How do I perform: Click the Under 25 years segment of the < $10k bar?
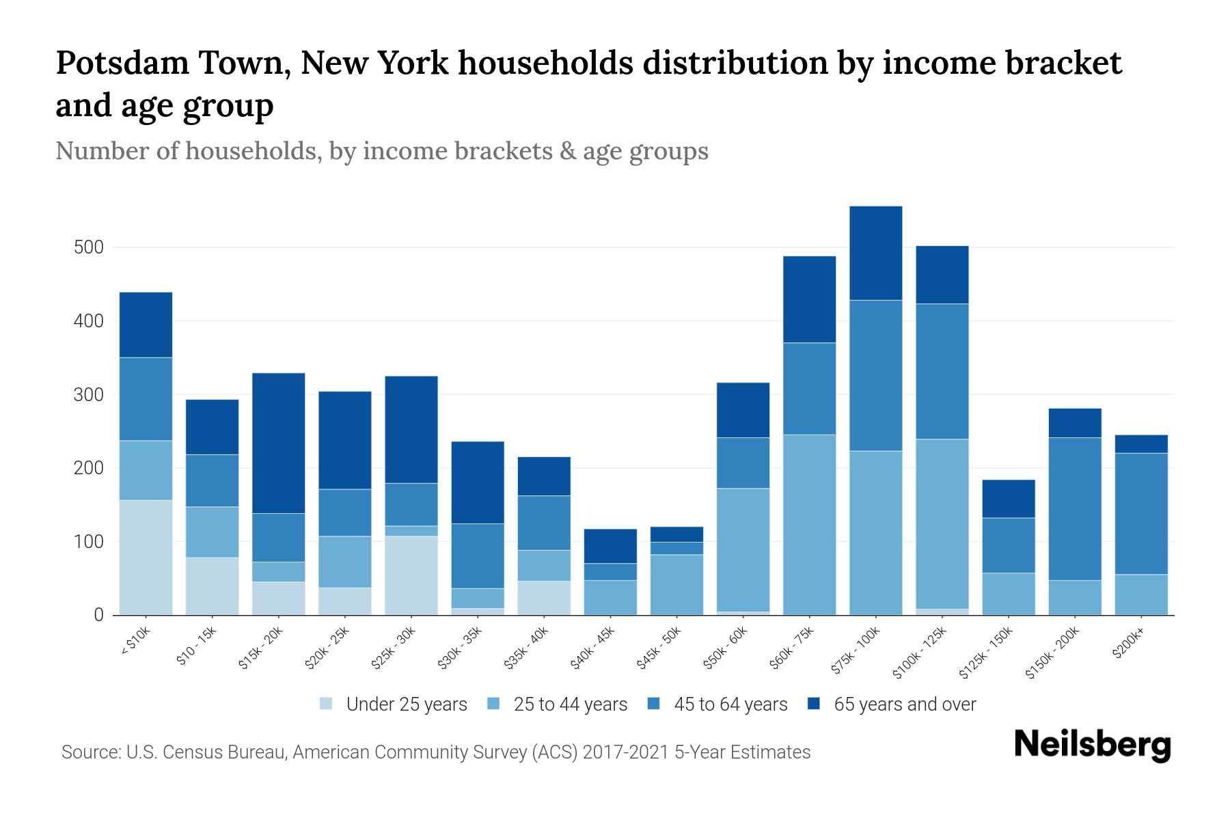tap(146, 558)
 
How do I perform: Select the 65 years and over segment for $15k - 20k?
tap(279, 443)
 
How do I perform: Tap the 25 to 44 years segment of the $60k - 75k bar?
tap(809, 525)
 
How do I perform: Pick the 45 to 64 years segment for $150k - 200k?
tap(1075, 509)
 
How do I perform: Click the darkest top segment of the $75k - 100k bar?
tap(875, 253)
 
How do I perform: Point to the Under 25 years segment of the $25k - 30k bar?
tap(411, 575)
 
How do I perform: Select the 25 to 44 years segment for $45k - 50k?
tap(677, 585)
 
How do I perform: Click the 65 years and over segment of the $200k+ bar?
tap(1141, 444)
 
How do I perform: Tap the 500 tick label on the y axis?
tap(89, 247)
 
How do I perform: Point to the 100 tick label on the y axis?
tap(89, 542)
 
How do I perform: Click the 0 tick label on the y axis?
tap(99, 615)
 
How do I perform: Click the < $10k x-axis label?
tap(135, 642)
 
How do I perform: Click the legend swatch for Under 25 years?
tap(327, 704)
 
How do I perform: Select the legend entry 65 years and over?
tap(904, 704)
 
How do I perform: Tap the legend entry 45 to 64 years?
tap(730, 704)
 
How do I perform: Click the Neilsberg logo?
tap(1092, 745)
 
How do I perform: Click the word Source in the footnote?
tap(89, 752)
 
